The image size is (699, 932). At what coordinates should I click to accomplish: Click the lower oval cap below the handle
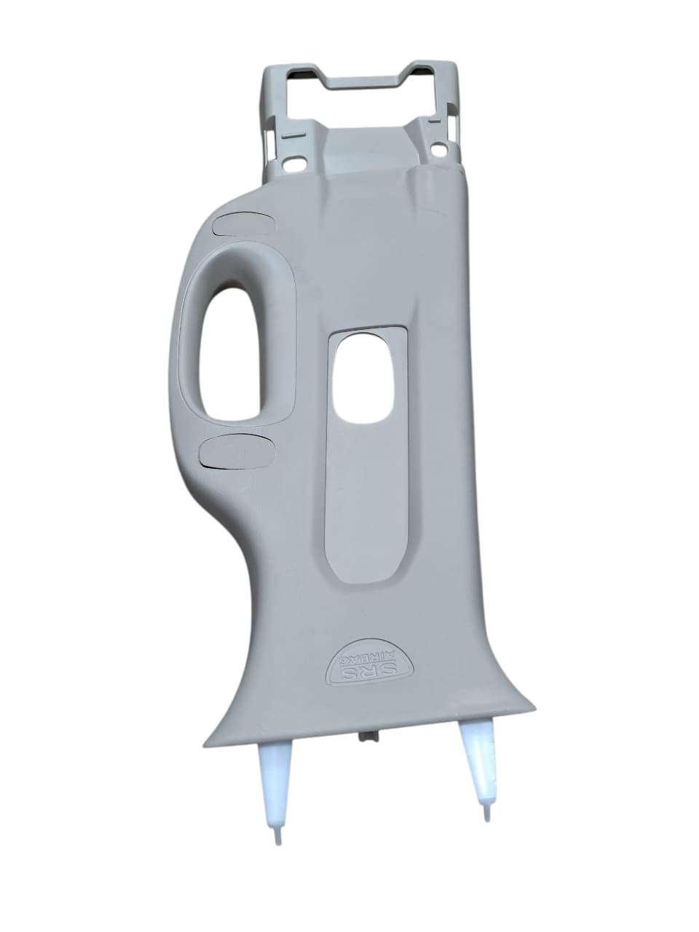[x=237, y=449]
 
